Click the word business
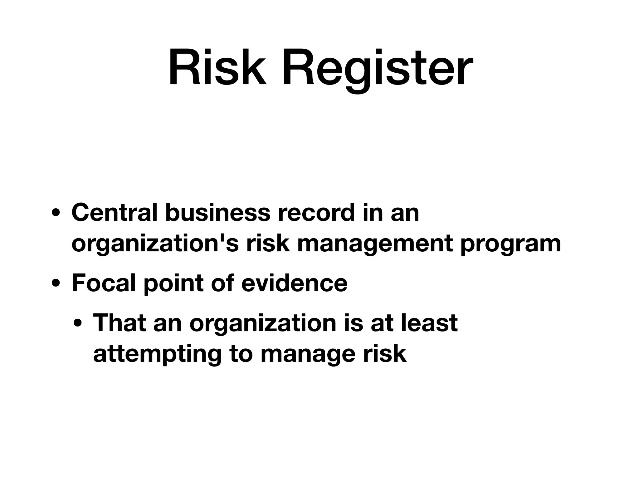point(217,213)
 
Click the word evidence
point(294,283)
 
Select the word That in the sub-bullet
point(119,323)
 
